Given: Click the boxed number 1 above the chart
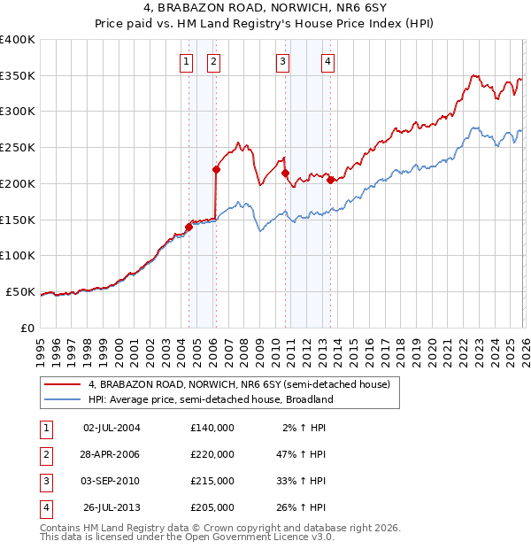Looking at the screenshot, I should click(187, 62).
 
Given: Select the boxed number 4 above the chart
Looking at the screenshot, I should click(327, 62).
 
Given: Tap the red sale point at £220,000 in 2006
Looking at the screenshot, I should click(216, 168).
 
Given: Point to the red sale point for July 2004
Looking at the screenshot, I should click(189, 227).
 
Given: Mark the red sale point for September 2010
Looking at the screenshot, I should click(285, 173).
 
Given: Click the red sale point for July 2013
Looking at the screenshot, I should click(330, 180).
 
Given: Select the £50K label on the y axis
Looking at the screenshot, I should click(20, 291).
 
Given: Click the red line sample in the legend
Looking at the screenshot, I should click(63, 384).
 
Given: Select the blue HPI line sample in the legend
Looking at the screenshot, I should click(63, 399).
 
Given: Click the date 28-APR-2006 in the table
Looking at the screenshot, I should click(111, 454).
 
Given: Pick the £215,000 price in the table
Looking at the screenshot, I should click(212, 481).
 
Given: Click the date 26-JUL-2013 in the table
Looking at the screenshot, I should click(111, 507).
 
